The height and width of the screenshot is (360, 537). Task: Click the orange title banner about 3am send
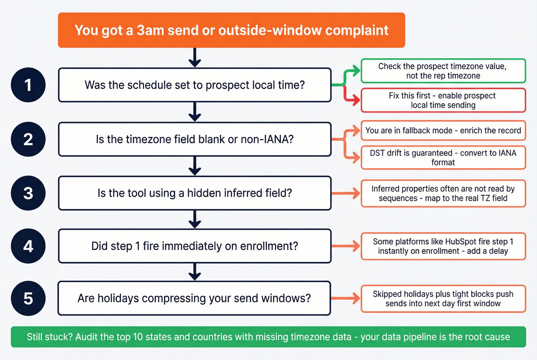click(231, 30)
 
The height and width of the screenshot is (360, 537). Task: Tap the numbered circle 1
click(28, 85)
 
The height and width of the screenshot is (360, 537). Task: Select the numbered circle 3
click(28, 193)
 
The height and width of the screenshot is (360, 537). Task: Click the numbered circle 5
click(28, 298)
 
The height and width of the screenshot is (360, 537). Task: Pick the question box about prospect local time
click(194, 85)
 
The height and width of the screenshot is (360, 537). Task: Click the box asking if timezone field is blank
click(194, 139)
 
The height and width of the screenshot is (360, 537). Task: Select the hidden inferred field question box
click(194, 193)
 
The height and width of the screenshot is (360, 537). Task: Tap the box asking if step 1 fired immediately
click(194, 246)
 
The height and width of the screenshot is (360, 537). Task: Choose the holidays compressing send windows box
click(194, 298)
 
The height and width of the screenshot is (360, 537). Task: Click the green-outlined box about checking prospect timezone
click(443, 71)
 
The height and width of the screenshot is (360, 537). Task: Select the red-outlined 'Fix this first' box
click(443, 100)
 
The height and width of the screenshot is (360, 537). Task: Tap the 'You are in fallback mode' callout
click(443, 130)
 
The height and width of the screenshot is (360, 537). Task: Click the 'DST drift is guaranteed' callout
click(443, 158)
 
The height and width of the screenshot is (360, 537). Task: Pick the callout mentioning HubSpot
click(443, 246)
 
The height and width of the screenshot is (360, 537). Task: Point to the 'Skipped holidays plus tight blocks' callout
click(443, 299)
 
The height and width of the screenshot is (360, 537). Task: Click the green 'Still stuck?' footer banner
click(268, 337)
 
